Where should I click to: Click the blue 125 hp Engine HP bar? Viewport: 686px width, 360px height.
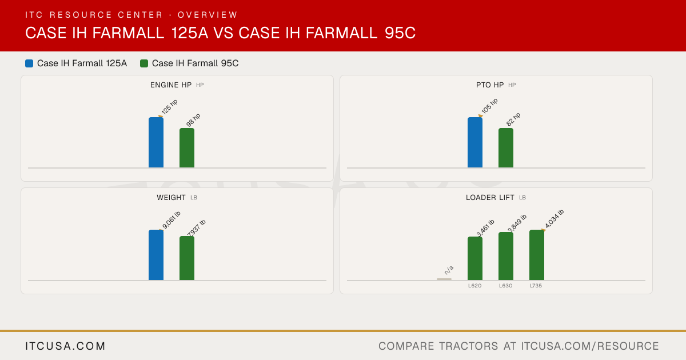[156, 142]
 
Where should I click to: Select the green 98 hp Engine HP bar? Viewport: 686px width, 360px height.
[187, 148]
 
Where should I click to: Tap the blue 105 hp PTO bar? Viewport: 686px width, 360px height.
[475, 142]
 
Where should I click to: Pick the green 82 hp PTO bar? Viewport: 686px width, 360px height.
[506, 148]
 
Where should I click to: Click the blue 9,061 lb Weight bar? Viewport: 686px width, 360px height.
[156, 255]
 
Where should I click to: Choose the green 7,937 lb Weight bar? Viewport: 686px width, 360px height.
[187, 258]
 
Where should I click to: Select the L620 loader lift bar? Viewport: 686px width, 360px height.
[475, 258]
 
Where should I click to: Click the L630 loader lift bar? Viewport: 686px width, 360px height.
[506, 256]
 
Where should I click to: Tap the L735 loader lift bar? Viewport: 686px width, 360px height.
[537, 255]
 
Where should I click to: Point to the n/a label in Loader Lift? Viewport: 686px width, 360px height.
[449, 270]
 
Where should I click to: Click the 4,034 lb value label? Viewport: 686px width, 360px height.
[555, 218]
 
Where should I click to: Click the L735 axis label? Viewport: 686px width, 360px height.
[536, 286]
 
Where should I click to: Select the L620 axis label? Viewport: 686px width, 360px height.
[474, 286]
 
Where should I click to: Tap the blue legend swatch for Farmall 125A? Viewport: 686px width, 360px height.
[29, 63]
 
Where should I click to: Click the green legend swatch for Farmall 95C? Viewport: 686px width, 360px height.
[144, 63]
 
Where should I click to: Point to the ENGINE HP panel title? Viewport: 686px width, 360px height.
[171, 85]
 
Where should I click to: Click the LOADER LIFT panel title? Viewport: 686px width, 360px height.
[490, 198]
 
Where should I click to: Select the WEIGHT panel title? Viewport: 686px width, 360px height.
[171, 198]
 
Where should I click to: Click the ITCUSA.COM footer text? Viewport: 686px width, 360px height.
[65, 346]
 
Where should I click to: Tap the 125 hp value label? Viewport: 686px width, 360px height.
[169, 107]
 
